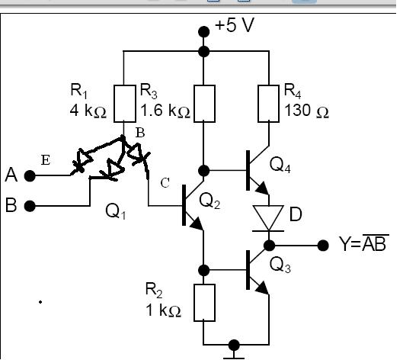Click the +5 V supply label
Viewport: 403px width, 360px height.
click(235, 25)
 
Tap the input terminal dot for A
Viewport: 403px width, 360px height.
click(30, 176)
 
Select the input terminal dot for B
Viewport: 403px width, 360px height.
click(30, 206)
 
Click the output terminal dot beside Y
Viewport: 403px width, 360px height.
click(323, 246)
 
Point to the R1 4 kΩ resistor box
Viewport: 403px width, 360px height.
click(125, 104)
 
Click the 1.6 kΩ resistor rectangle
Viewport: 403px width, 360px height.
click(204, 104)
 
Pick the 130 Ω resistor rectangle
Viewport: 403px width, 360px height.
click(269, 104)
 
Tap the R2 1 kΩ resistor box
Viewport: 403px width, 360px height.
click(204, 303)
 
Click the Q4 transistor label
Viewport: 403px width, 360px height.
click(280, 165)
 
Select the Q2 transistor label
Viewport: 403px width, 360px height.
click(209, 201)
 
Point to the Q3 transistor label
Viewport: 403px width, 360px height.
click(280, 265)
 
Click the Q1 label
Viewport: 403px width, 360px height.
click(116, 211)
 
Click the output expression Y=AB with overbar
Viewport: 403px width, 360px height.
click(364, 243)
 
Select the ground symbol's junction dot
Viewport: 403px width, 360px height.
click(234, 345)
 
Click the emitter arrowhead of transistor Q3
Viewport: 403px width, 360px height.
click(263, 288)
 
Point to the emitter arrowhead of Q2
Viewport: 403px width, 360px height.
click(197, 223)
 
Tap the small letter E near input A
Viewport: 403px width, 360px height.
click(46, 160)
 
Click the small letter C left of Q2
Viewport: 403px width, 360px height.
click(165, 183)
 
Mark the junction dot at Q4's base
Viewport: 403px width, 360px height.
click(204, 170)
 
